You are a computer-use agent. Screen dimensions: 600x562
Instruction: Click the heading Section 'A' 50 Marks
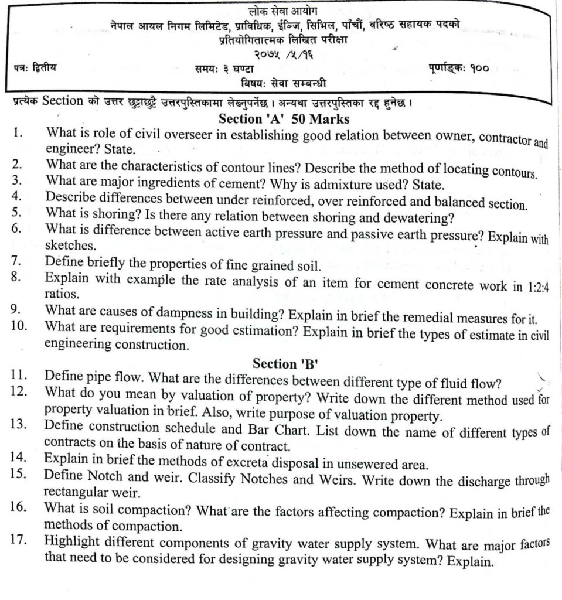(284, 120)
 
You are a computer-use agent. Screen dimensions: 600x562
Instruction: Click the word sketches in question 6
(66, 246)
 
